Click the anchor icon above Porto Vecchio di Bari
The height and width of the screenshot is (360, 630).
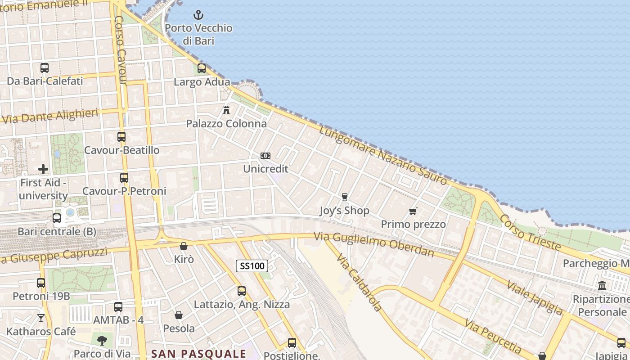(x=198, y=15)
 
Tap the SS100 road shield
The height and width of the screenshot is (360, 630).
(x=252, y=266)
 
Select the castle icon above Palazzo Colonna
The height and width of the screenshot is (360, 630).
(x=226, y=110)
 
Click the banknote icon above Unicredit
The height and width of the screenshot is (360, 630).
(x=265, y=156)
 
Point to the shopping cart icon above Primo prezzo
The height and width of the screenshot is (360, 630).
(x=413, y=211)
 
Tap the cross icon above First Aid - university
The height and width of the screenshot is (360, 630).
(x=43, y=169)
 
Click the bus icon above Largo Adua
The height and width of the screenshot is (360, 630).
(x=202, y=68)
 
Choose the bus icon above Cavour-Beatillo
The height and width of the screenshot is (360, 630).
(x=121, y=136)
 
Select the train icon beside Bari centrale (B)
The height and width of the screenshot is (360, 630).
(x=57, y=218)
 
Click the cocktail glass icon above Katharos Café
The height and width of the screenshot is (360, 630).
(x=41, y=318)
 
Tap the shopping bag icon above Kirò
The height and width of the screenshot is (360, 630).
(x=184, y=246)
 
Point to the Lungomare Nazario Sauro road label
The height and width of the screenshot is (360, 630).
(x=383, y=156)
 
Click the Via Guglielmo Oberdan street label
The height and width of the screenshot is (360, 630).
(x=373, y=243)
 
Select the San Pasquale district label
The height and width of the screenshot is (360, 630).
(x=198, y=354)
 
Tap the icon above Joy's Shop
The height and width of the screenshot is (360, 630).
(x=345, y=197)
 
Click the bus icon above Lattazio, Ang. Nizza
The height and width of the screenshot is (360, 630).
(x=242, y=291)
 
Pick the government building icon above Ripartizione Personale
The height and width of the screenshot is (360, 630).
(x=602, y=285)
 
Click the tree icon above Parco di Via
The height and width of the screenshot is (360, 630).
(x=102, y=340)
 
